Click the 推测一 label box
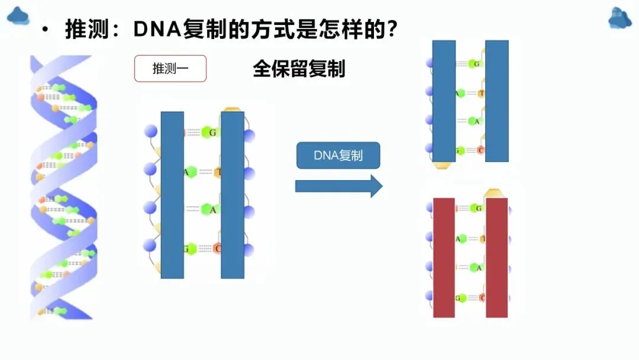(170, 68)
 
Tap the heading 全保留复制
(299, 69)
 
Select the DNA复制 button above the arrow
(338, 156)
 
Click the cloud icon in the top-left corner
(18, 16)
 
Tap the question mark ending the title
(389, 29)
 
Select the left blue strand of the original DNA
(172, 195)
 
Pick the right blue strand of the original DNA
(233, 195)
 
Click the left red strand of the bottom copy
(444, 258)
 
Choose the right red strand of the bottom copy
(497, 258)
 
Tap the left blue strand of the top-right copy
(444, 101)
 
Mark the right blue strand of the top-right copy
(497, 101)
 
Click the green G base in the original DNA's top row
(210, 132)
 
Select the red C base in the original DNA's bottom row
(217, 249)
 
